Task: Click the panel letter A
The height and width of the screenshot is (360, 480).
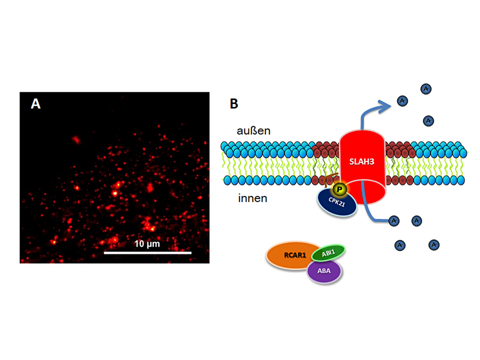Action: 36,103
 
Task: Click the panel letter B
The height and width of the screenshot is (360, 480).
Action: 234,103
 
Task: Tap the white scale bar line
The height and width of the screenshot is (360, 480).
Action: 147,253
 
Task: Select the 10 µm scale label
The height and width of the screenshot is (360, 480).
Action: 147,244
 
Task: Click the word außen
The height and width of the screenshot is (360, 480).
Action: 253,130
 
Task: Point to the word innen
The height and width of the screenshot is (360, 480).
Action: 252,198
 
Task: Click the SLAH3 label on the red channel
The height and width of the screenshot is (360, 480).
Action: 361,162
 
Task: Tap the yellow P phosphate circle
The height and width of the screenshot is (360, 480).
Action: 340,189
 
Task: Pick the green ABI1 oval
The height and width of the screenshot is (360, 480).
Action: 328,253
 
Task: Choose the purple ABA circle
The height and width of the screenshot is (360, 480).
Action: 324,271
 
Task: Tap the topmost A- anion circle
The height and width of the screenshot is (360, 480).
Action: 426,89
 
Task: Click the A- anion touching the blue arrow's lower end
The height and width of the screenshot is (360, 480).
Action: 394,221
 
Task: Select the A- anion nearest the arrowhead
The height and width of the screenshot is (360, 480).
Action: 402,101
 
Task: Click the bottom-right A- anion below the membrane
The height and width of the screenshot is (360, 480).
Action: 434,245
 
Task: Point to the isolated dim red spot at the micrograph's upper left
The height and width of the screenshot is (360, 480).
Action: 76,140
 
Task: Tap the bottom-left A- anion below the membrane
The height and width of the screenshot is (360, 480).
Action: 400,245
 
